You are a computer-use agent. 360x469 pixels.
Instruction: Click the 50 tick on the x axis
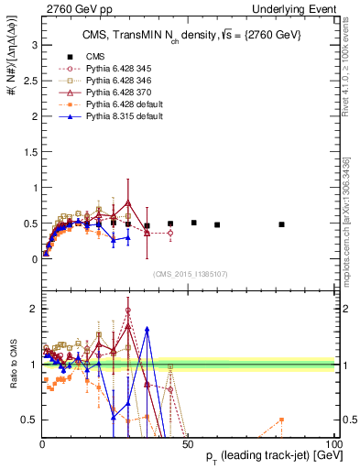(188, 443)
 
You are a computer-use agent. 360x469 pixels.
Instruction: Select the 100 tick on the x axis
(333, 443)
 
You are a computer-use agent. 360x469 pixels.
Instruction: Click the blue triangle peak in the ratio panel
(147, 328)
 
